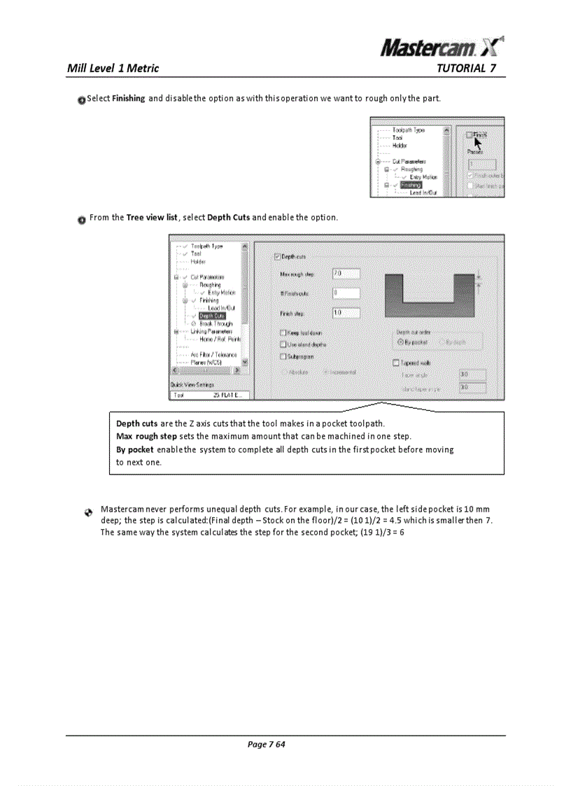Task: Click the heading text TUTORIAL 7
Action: coord(466,68)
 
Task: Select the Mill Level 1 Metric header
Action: coord(113,68)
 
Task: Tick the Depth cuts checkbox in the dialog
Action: coord(278,258)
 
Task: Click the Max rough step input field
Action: coord(346,273)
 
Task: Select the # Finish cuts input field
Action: coord(346,293)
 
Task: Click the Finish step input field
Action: coord(346,313)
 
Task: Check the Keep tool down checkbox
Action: coord(283,333)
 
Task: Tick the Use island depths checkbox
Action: coord(283,344)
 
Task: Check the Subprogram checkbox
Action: coord(283,356)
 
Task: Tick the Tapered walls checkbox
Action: coord(397,363)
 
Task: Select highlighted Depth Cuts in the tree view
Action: coord(212,316)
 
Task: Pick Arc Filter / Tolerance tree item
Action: coord(213,355)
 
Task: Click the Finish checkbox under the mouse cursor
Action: coord(470,134)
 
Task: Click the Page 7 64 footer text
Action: coord(267,744)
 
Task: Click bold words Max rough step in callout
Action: coord(146,436)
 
